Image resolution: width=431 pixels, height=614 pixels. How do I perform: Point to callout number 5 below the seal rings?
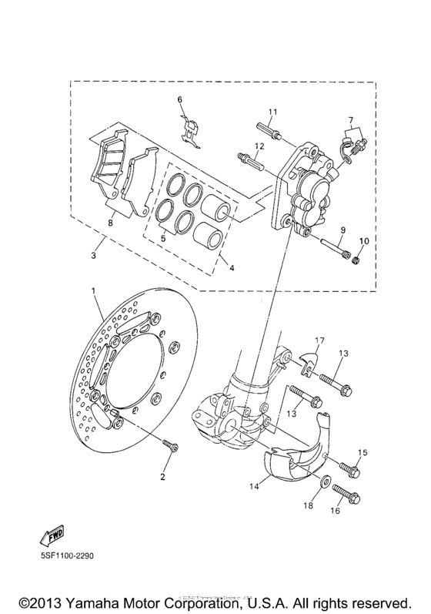tap(162, 240)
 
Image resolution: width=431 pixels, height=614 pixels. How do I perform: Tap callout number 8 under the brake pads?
tap(110, 223)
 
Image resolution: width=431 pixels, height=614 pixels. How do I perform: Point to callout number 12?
tap(259, 146)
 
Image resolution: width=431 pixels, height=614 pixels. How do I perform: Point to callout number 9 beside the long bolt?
tap(342, 230)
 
